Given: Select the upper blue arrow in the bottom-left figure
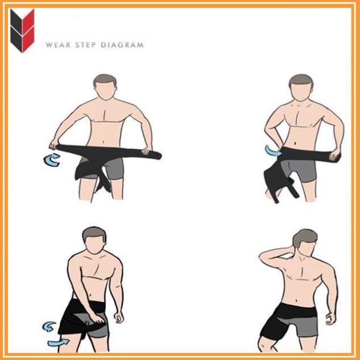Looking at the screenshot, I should tap(49, 326).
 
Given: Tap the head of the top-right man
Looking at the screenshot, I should tap(300, 89).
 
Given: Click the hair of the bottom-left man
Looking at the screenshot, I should tap(94, 233).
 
